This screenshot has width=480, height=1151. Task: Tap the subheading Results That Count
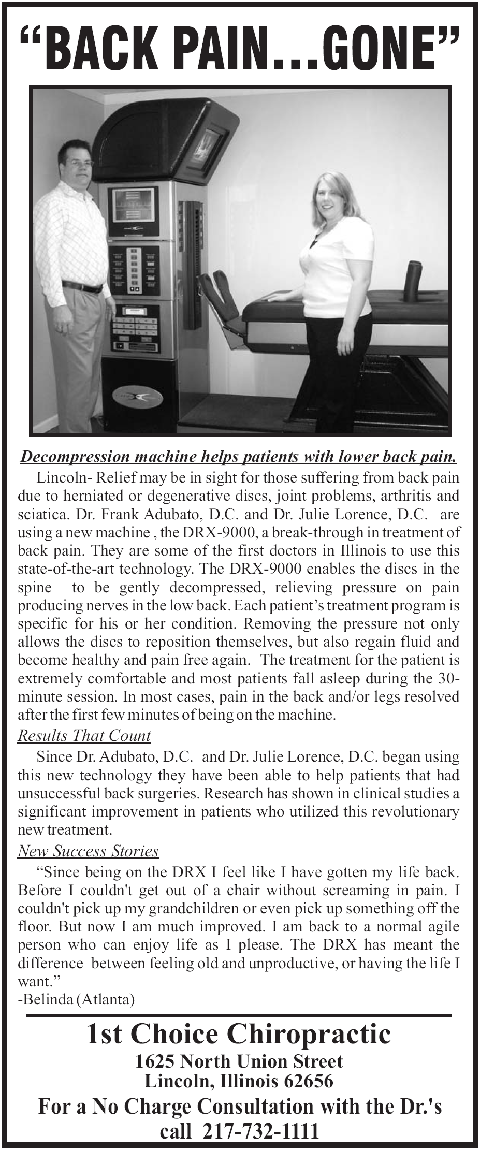(x=84, y=735)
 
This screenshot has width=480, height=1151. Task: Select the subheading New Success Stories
(x=88, y=851)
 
